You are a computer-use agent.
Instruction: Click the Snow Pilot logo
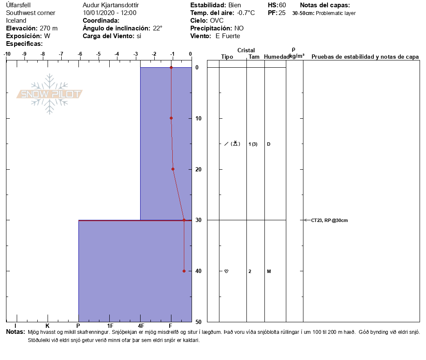(x=50, y=94)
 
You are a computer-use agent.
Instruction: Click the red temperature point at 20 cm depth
(x=173, y=169)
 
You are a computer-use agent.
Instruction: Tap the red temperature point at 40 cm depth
(x=184, y=271)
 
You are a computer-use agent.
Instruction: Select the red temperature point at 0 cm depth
(x=171, y=67)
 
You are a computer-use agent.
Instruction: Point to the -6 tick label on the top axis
(x=80, y=54)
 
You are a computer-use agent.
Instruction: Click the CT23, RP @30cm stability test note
(x=329, y=220)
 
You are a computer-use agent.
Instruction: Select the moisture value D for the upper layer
(x=268, y=144)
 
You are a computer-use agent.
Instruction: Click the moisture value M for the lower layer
(x=269, y=271)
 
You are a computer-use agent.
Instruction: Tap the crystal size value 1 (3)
(x=253, y=144)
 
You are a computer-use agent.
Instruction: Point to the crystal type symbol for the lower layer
(x=226, y=271)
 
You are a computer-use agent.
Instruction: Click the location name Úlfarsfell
(x=18, y=5)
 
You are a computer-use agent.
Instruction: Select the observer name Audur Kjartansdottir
(x=111, y=5)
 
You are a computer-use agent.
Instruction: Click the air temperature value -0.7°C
(x=246, y=13)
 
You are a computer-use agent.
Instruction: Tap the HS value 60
(x=282, y=5)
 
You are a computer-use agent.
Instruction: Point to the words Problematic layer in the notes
(x=336, y=13)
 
